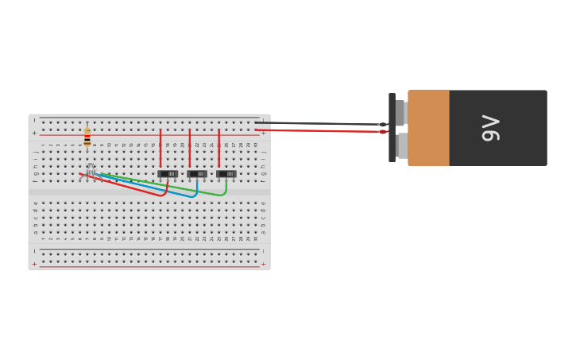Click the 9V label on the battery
click(491, 128)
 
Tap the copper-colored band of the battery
click(428, 128)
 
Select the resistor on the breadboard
click(87, 137)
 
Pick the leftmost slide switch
click(168, 174)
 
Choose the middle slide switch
click(197, 174)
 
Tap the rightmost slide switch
click(226, 174)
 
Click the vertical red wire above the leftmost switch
click(160, 148)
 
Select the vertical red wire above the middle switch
click(190, 148)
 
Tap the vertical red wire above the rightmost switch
click(219, 148)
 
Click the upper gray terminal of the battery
click(401, 113)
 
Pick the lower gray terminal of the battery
click(402, 145)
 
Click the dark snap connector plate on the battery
click(392, 127)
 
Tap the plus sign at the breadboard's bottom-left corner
click(34, 264)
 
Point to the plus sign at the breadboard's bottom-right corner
click(263, 264)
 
